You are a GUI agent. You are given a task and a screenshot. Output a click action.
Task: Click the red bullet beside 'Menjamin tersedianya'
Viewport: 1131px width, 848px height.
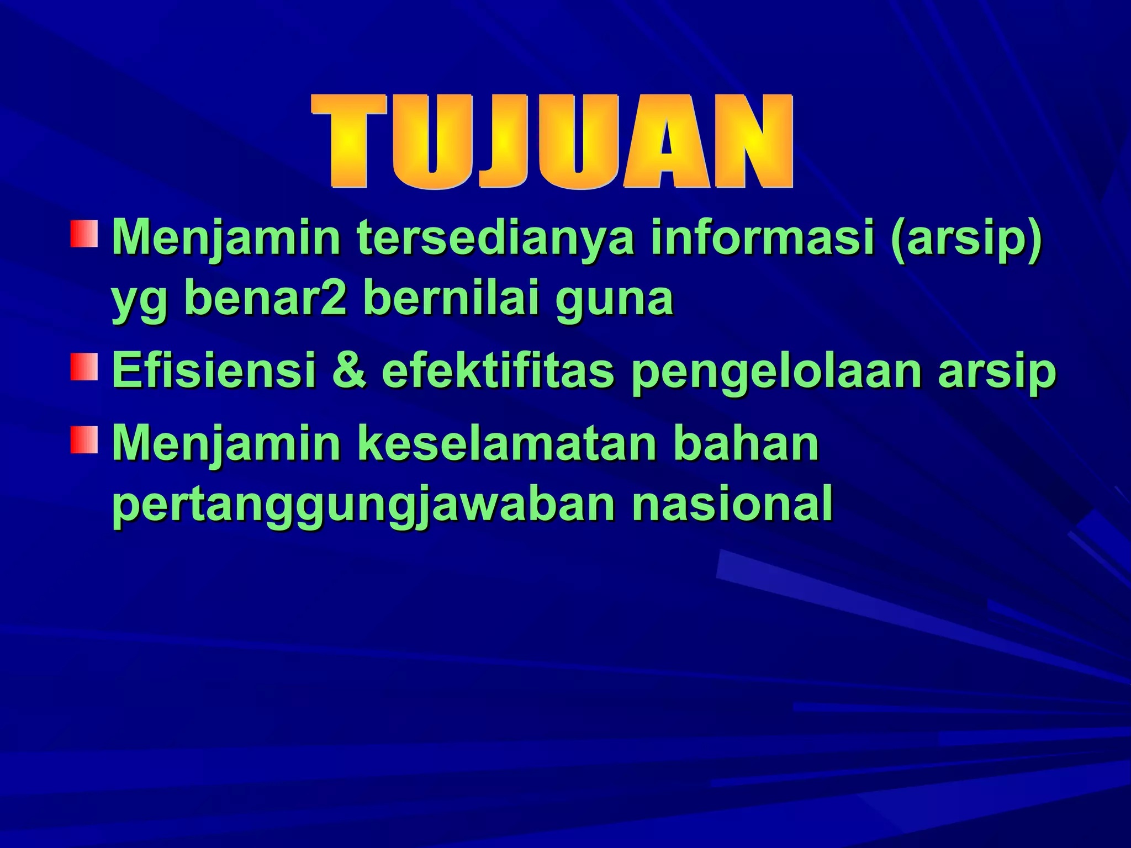[84, 234]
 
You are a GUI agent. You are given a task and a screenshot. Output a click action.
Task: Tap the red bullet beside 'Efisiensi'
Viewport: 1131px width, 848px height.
[84, 367]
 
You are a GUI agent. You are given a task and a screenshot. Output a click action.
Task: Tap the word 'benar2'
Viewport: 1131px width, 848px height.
[265, 299]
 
